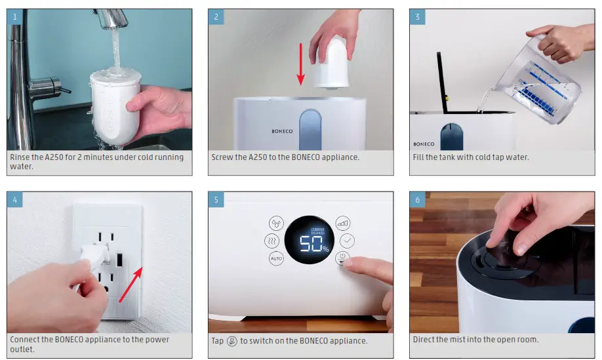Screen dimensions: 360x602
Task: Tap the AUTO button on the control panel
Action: click(276, 258)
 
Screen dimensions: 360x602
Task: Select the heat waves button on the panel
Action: click(271, 241)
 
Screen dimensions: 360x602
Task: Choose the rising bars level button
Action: click(342, 222)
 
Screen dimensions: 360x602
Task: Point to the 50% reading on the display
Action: click(313, 244)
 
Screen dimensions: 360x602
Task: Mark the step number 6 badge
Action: click(417, 199)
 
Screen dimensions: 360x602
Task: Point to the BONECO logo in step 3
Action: click(424, 144)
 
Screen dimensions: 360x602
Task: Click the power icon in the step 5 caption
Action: click(232, 341)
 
